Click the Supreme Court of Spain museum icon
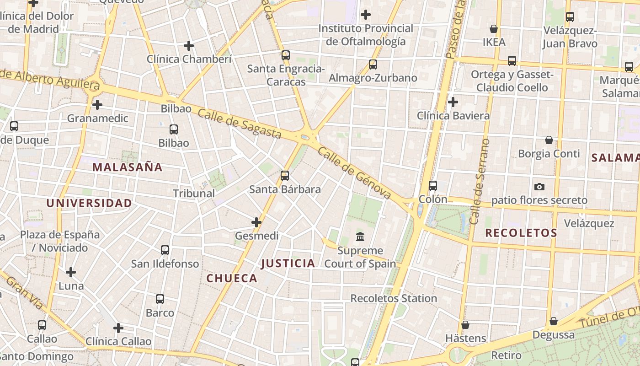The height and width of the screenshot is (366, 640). click(360, 237)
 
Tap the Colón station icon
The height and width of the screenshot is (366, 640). click(433, 186)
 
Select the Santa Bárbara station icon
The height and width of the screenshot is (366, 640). click(285, 176)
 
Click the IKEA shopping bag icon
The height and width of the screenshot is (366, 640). click(494, 29)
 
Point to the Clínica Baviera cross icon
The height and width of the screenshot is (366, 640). click(453, 102)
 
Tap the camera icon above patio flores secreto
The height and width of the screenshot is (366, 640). click(539, 187)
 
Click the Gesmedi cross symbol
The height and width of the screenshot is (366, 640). click(256, 222)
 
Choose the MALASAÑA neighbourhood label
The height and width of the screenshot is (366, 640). click(128, 167)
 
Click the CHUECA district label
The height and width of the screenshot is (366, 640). click(232, 278)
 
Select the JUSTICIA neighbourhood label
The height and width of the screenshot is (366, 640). click(288, 263)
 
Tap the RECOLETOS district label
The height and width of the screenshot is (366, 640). click(521, 233)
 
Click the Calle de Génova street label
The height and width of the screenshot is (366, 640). click(355, 173)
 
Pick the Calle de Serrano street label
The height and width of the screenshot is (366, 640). click(479, 182)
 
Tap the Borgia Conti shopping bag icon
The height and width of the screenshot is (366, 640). click(549, 140)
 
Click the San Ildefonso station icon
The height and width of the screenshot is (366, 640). click(165, 250)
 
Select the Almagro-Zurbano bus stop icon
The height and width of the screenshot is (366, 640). click(373, 65)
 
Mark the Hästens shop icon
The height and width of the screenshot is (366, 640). click(465, 325)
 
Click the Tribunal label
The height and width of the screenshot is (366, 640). click(194, 194)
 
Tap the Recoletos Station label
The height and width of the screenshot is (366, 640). click(394, 298)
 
